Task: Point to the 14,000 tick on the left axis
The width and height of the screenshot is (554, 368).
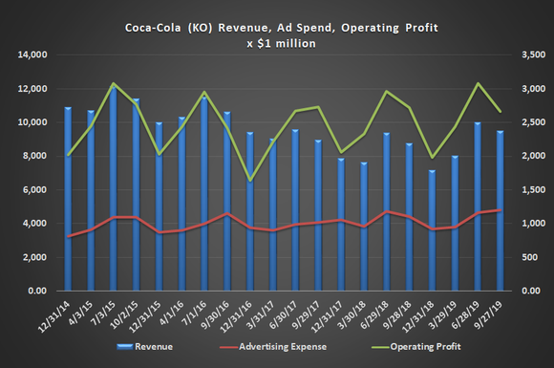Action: coord(31,55)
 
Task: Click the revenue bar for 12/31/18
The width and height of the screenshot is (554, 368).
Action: coord(432,230)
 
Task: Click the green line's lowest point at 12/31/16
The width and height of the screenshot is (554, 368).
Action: coord(250,180)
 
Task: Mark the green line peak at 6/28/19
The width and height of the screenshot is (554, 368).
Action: coord(477,84)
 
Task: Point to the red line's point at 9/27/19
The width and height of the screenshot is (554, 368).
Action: coord(500,210)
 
